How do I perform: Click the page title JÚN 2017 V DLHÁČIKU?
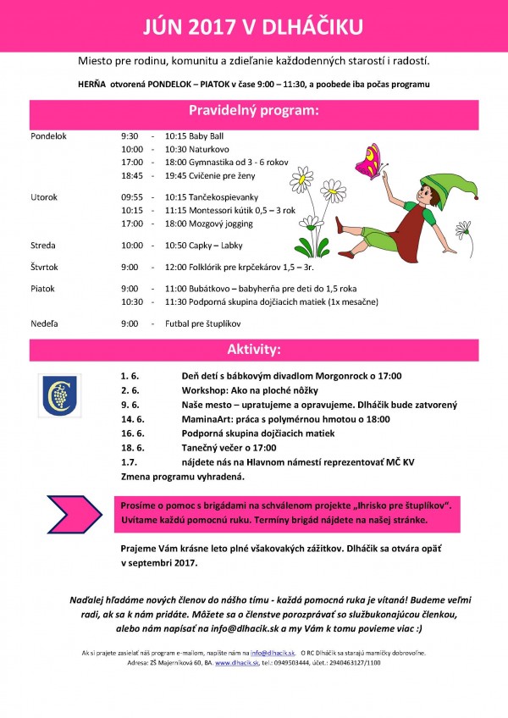[254, 27]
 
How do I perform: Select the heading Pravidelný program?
[254, 111]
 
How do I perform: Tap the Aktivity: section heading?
[254, 349]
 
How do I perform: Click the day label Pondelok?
[47, 135]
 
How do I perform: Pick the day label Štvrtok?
[45, 267]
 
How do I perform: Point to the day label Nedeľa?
[44, 323]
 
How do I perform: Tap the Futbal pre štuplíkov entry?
[204, 323]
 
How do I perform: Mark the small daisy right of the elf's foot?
[463, 229]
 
